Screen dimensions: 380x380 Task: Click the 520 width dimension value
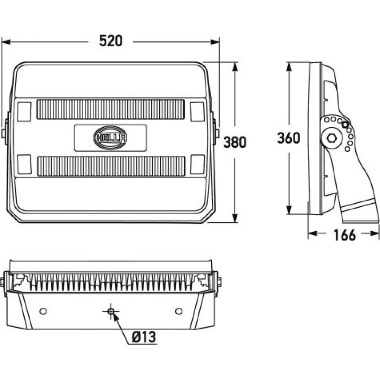click(x=111, y=41)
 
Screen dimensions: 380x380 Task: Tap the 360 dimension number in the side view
click(x=288, y=138)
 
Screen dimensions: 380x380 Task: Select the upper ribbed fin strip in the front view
click(x=111, y=109)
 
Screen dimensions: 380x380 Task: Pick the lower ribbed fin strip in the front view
click(x=111, y=166)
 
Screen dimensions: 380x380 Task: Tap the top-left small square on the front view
click(x=25, y=112)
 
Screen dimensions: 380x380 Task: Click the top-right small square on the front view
click(x=197, y=112)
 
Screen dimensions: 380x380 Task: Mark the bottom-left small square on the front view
click(x=25, y=164)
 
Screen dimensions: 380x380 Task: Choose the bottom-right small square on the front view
click(x=197, y=164)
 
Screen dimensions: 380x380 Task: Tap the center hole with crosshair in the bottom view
click(x=111, y=311)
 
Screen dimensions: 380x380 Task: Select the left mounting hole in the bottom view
click(x=43, y=311)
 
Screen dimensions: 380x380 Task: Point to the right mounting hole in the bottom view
click(x=179, y=311)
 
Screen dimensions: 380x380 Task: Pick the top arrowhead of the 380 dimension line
click(x=235, y=65)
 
